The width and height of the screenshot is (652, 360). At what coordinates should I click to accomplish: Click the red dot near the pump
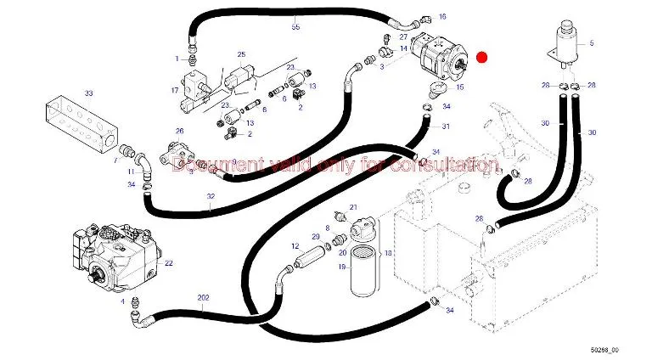481,58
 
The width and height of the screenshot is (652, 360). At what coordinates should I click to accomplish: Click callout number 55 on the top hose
295,28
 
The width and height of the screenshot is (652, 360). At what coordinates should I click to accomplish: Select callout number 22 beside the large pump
169,263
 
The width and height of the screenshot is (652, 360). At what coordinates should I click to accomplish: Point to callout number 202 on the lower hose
202,297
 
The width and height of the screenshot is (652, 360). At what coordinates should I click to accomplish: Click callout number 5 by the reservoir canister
593,42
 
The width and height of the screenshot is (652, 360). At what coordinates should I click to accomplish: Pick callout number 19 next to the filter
342,267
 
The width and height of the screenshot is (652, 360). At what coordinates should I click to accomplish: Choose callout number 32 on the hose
210,197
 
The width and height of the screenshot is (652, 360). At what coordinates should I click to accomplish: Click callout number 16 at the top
441,16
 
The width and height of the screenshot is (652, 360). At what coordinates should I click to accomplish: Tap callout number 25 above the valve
241,54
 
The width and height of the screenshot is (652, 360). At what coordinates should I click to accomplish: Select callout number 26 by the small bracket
179,131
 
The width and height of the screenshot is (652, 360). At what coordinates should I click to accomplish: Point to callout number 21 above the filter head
355,206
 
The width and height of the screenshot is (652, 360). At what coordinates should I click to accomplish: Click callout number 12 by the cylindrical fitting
295,246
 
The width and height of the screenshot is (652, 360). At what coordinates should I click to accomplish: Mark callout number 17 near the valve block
175,89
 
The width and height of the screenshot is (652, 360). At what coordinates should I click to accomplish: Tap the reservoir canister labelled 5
562,41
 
